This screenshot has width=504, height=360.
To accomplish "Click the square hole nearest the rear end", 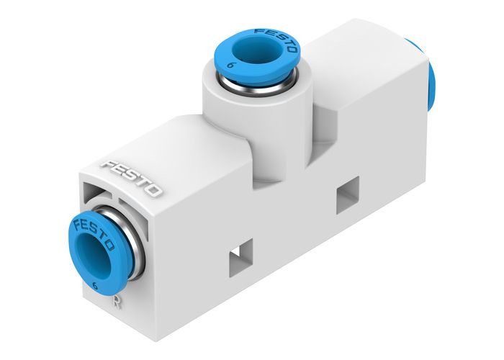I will click(x=346, y=197).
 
